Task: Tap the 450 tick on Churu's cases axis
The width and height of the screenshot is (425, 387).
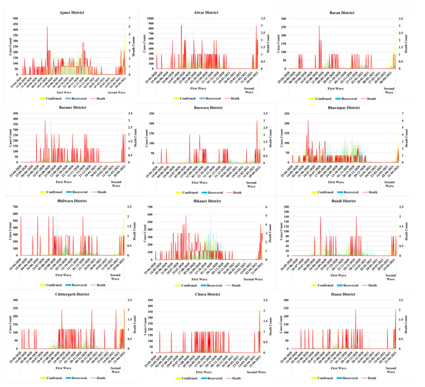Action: (x=151, y=301)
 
